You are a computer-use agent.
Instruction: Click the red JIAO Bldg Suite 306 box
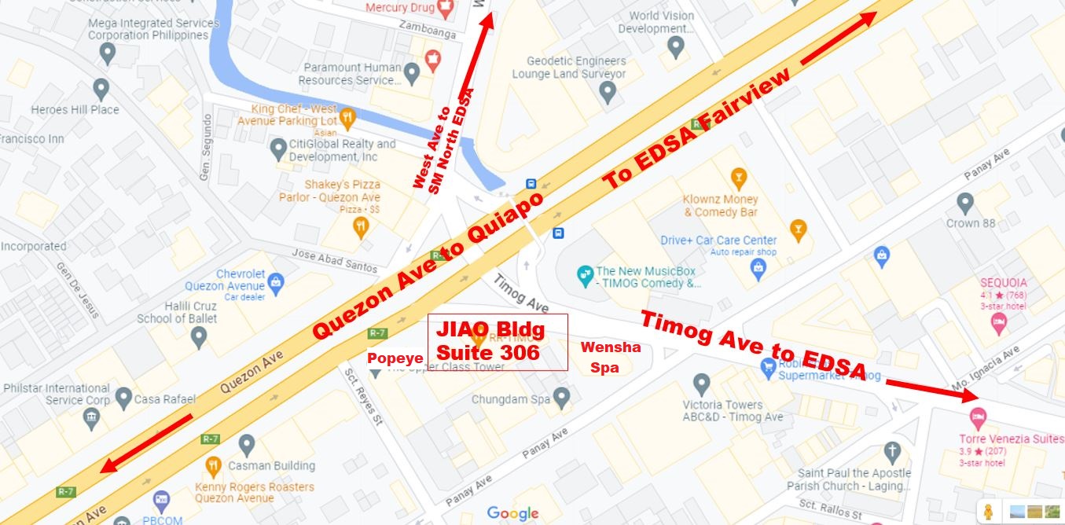coord(498,342)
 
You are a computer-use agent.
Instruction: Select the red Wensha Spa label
coord(610,357)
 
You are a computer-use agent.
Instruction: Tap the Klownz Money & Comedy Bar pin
coord(738,176)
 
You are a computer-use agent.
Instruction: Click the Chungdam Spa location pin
coord(560,399)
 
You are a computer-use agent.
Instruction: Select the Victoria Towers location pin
coord(702,385)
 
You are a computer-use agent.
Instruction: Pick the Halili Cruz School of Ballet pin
coord(199,338)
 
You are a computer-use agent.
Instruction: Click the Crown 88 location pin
coord(965,204)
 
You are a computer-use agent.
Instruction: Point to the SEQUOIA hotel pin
coord(999,321)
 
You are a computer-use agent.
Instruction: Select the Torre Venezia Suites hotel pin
coord(979,416)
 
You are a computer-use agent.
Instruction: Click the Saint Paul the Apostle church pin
coord(891,452)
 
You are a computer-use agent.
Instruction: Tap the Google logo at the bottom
coord(512,513)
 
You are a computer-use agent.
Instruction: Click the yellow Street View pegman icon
coord(988,511)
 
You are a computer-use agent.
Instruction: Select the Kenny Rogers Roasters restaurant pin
coord(213,467)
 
